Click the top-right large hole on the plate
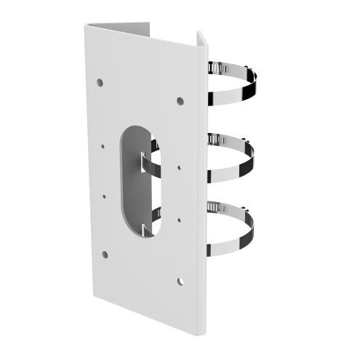click(180, 100)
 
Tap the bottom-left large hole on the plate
click(105, 255)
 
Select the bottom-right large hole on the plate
click(181, 279)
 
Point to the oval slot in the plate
click(138, 178)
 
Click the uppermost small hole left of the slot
click(103, 145)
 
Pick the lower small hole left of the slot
click(105, 195)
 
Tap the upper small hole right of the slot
click(179, 167)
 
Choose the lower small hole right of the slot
click(179, 217)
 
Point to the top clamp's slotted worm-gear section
click(216, 71)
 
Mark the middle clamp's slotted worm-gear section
click(216, 137)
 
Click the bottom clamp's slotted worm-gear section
click(216, 207)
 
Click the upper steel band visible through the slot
click(149, 164)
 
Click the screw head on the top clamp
click(210, 66)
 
